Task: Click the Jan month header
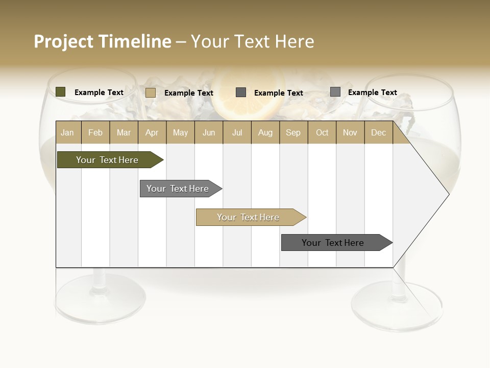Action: pos(68,133)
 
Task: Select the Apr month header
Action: pos(152,133)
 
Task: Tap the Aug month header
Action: pos(265,133)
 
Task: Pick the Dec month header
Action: pos(378,133)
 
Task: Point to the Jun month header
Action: pos(209,133)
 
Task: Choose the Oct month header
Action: pos(322,133)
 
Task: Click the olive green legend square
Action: pos(60,92)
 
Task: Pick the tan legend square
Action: pos(150,93)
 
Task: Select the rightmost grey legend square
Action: pos(335,92)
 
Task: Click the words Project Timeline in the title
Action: pos(102,41)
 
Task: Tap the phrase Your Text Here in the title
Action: pos(252,41)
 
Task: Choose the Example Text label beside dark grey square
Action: pos(278,93)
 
